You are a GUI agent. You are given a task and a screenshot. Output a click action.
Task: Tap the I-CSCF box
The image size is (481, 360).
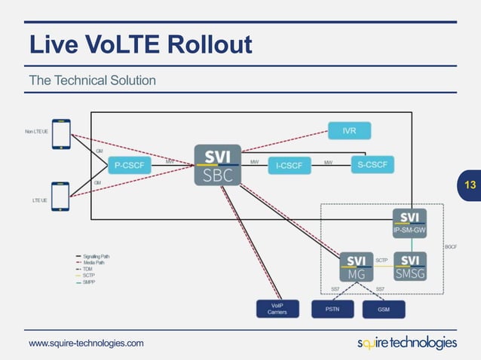[290, 165]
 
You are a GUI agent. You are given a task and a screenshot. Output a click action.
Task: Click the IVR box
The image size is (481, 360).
[349, 131]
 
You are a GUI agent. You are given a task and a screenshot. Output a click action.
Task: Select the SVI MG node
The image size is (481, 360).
[356, 267]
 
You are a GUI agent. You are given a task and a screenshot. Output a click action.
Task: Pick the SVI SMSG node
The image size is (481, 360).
[409, 267]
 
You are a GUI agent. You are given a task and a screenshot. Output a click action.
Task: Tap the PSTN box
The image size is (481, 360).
[332, 310]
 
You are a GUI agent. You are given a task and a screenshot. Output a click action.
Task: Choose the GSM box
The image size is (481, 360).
[383, 310]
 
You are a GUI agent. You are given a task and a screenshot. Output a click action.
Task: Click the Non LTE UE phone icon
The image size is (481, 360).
[61, 133]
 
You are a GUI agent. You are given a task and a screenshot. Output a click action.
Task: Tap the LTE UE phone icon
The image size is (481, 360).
[60, 197]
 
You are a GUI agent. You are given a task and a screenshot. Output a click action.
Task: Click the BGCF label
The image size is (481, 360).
[450, 246]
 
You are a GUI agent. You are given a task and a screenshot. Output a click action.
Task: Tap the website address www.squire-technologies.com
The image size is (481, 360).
[86, 343]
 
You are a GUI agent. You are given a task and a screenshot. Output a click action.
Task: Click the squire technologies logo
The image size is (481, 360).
[406, 343]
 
